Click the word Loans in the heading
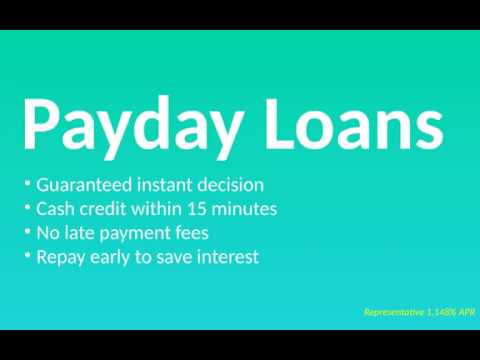pyautogui.click(x=354, y=122)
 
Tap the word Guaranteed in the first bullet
pyautogui.click(x=83, y=185)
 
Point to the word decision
pyautogui.click(x=233, y=185)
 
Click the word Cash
pyautogui.click(x=55, y=209)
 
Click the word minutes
pyautogui.click(x=245, y=209)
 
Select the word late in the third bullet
pyautogui.click(x=83, y=233)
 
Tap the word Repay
pyautogui.click(x=62, y=258)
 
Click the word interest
pyautogui.click(x=227, y=257)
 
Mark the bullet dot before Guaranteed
pyautogui.click(x=27, y=183)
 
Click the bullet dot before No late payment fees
pyautogui.click(x=27, y=231)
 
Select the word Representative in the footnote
pyautogui.click(x=394, y=313)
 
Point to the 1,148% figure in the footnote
pyautogui.click(x=442, y=313)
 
